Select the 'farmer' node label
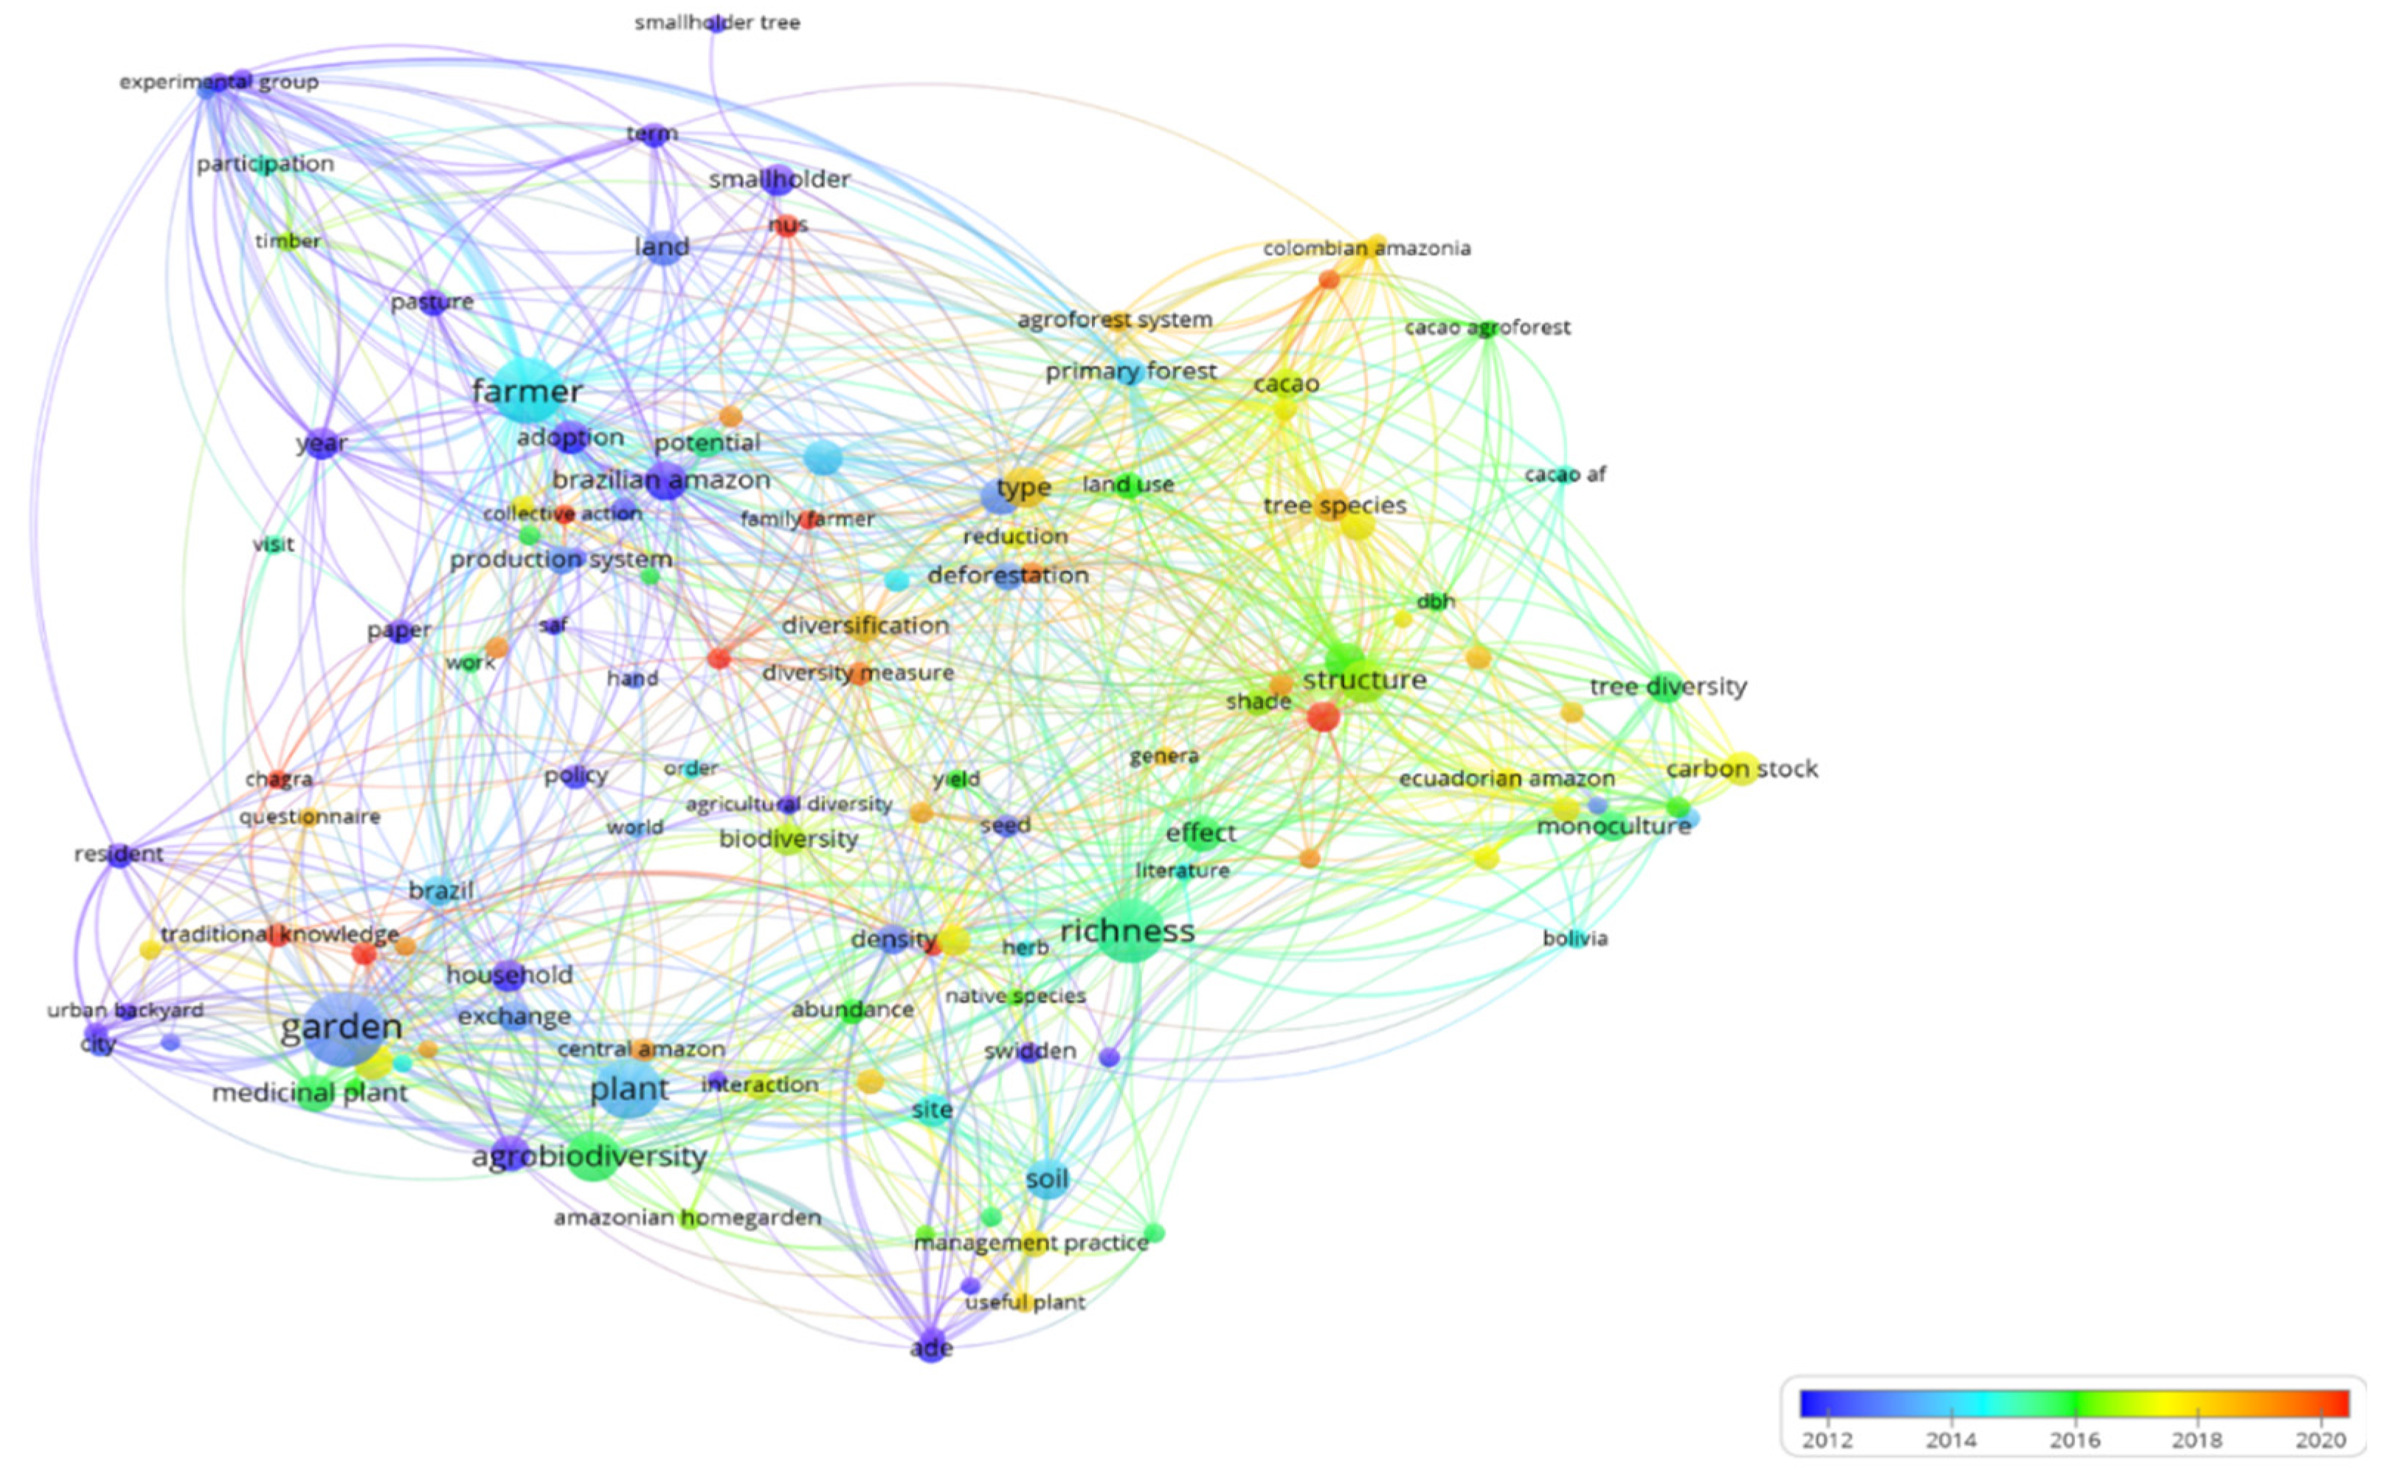[x=527, y=391]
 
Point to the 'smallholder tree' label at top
[x=717, y=22]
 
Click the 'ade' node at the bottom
[x=932, y=1348]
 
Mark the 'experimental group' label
[x=219, y=82]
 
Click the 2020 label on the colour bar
[x=2320, y=1440]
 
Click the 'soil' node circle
[x=1048, y=1180]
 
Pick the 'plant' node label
[x=629, y=1089]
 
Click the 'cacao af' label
[x=1564, y=475]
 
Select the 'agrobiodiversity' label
[x=589, y=1156]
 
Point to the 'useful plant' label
[x=1024, y=1302]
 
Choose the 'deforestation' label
[x=1007, y=575]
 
